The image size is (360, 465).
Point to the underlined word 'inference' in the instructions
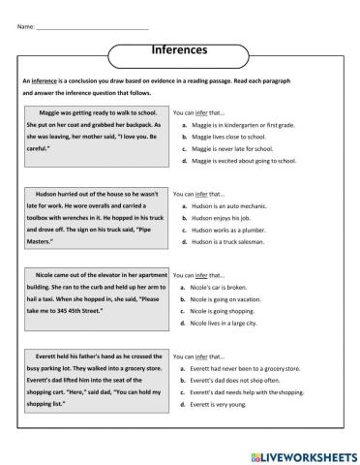click(x=45, y=80)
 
